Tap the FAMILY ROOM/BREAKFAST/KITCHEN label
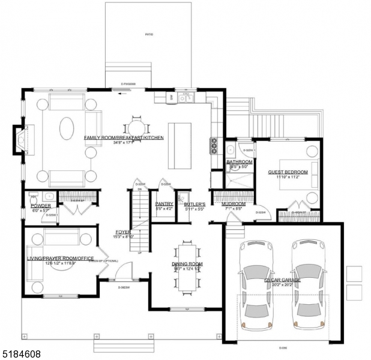click(124, 137)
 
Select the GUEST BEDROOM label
click(288, 172)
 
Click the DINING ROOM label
click(187, 264)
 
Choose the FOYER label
click(123, 232)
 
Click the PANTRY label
click(164, 204)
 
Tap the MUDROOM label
click(233, 204)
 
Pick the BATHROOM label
click(239, 162)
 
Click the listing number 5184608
click(21, 355)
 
